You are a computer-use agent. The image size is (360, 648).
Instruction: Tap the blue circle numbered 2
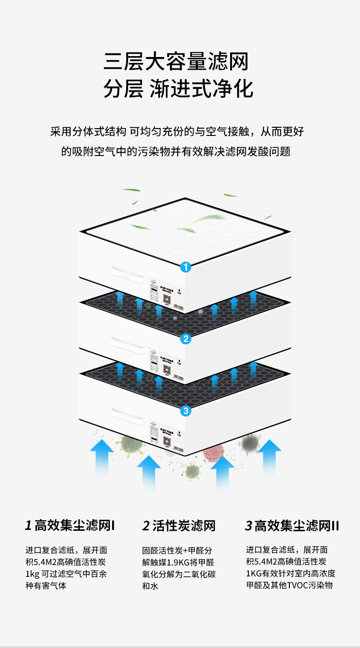[185, 339]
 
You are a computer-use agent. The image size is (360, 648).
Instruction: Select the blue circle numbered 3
[185, 411]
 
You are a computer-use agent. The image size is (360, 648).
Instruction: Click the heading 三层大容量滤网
[176, 62]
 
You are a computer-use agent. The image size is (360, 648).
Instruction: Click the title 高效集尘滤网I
[70, 526]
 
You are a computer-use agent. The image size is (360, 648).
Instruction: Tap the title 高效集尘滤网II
[292, 526]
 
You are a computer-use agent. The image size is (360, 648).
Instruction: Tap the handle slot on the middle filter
[126, 345]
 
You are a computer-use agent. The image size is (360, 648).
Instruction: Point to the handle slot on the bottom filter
[126, 416]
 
